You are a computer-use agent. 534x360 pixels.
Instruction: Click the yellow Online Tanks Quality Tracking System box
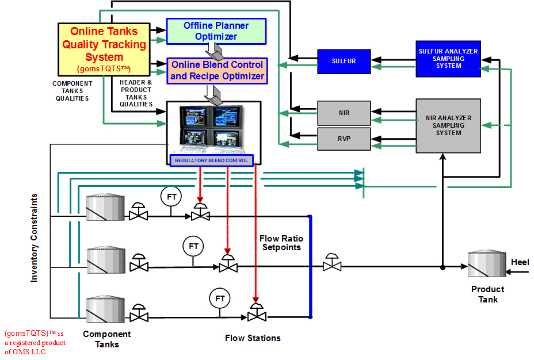(x=104, y=49)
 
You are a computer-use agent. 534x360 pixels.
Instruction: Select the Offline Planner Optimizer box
(x=216, y=31)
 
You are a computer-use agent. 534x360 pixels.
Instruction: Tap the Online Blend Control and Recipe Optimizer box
(x=218, y=71)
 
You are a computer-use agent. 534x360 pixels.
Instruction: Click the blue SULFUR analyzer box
(x=344, y=62)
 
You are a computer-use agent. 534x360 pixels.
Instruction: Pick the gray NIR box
(x=344, y=113)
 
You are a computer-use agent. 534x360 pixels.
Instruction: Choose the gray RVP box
(x=344, y=139)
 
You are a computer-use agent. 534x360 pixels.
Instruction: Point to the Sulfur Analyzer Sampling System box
(x=448, y=59)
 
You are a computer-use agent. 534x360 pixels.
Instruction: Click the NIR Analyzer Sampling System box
(x=448, y=125)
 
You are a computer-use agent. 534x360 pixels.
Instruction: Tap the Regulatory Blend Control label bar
(x=212, y=160)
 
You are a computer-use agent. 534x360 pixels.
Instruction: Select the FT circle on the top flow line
(x=171, y=196)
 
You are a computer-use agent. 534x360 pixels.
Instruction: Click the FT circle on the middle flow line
(x=193, y=246)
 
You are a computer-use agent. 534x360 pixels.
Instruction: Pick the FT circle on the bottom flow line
(x=220, y=298)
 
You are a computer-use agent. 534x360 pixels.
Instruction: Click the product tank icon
(x=487, y=263)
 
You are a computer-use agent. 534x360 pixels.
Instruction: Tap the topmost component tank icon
(x=105, y=207)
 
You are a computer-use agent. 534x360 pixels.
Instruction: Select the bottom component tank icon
(x=105, y=309)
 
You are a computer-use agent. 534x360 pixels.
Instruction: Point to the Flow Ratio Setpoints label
(x=281, y=243)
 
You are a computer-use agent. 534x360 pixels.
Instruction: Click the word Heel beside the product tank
(x=520, y=262)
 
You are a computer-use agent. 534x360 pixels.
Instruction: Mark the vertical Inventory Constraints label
(x=34, y=238)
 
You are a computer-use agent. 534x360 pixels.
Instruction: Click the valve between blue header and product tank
(x=332, y=262)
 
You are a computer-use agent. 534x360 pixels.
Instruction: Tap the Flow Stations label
(x=253, y=338)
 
